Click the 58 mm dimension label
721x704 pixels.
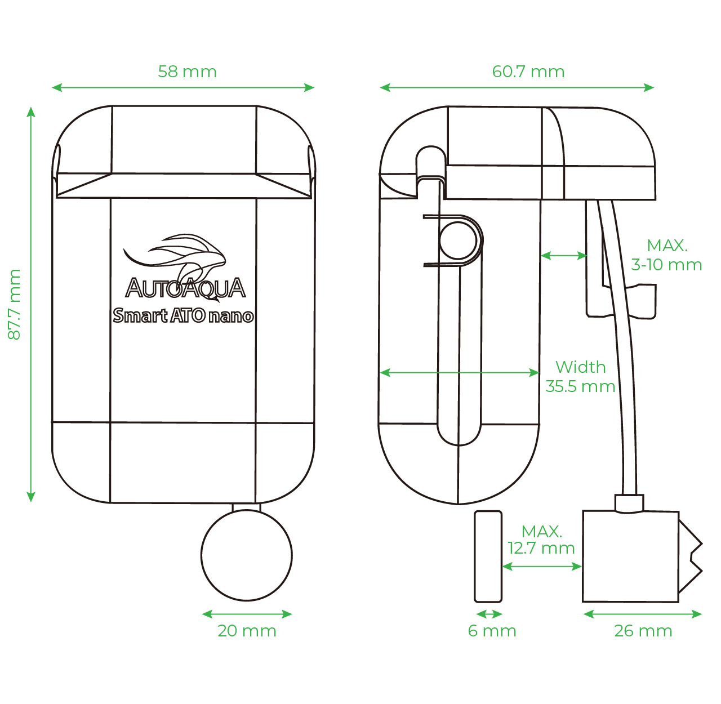(x=187, y=72)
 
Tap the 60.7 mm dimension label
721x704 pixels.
(x=528, y=72)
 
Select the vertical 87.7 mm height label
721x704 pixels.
(x=14, y=304)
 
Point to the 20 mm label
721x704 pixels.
(x=247, y=631)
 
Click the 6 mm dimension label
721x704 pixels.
(x=492, y=631)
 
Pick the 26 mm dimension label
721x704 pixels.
(x=643, y=631)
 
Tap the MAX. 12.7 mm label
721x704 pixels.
(x=541, y=540)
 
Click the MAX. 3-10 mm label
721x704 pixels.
(x=666, y=255)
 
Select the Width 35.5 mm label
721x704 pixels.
(x=581, y=376)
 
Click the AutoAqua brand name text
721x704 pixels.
(x=185, y=288)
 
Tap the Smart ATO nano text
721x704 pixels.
(x=184, y=316)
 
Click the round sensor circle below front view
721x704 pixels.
(x=247, y=555)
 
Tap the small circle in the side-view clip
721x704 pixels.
(x=458, y=240)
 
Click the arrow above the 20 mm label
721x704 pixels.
(x=247, y=614)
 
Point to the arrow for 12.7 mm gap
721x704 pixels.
(x=542, y=566)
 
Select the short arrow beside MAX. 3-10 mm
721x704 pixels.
(x=564, y=255)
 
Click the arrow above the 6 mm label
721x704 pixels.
(x=489, y=614)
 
